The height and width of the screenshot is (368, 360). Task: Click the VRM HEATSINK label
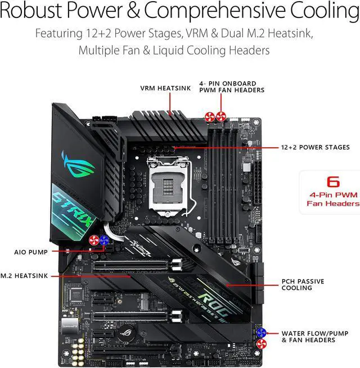[x=161, y=88]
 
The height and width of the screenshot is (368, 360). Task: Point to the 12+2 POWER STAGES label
[x=315, y=148]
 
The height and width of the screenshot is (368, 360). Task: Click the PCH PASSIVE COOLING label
[x=304, y=284]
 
